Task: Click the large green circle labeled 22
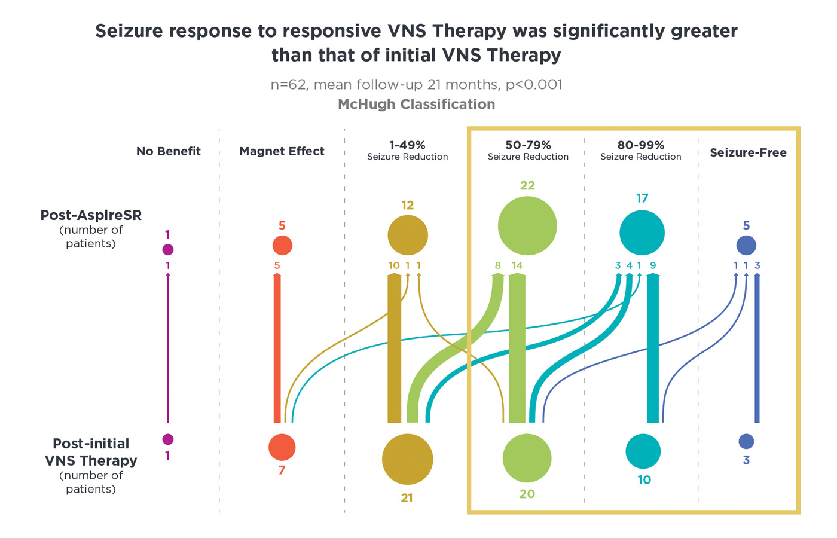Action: tap(527, 226)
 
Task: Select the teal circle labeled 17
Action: tap(642, 233)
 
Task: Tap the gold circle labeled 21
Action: tap(407, 459)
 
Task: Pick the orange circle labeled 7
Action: tap(282, 447)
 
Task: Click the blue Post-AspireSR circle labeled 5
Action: tap(746, 246)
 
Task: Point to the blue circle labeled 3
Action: tap(746, 441)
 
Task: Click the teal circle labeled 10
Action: tap(643, 451)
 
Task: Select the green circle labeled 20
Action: tap(527, 458)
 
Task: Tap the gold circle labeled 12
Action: tap(408, 236)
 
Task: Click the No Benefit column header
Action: tap(169, 151)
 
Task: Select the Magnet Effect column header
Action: tap(282, 151)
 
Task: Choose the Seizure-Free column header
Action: tap(748, 152)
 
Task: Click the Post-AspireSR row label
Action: tap(91, 215)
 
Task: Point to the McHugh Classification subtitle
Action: tap(417, 104)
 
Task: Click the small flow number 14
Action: tap(517, 265)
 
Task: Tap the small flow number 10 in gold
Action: tap(394, 265)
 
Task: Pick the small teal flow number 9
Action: tap(653, 265)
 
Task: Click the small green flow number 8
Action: tap(497, 265)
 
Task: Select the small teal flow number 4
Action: tap(629, 265)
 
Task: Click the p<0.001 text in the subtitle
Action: tap(534, 85)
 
